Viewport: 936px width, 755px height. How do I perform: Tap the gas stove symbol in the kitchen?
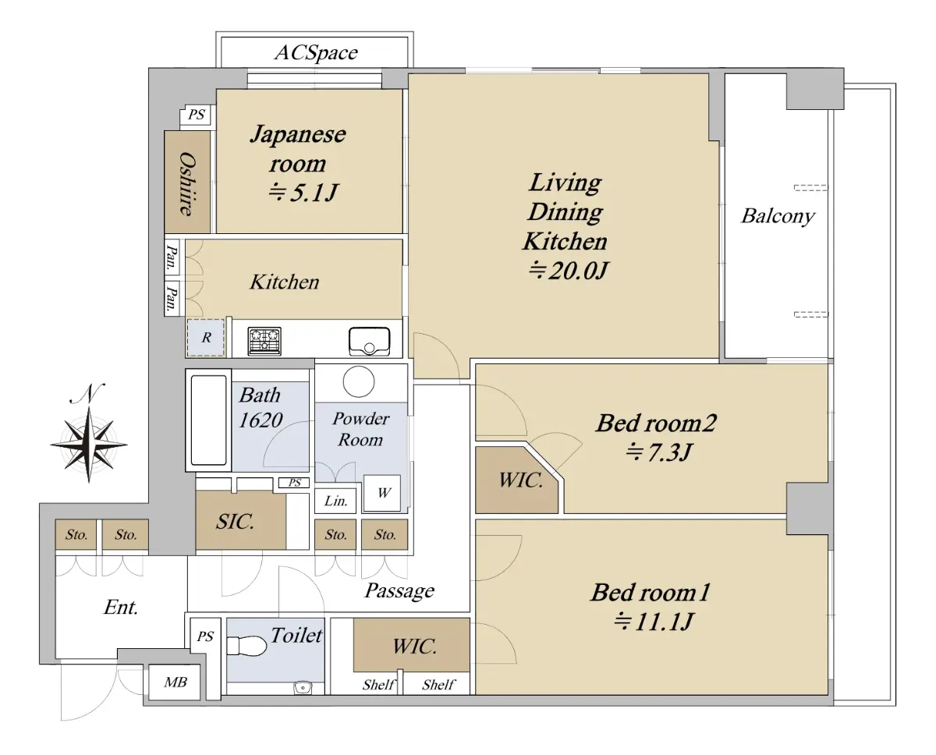pos(264,341)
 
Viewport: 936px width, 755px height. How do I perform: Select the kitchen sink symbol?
pos(369,342)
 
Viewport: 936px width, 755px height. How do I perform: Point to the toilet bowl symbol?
pos(246,645)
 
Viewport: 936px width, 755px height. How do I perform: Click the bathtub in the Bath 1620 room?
pos(209,420)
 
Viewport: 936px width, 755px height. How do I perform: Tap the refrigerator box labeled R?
pos(206,338)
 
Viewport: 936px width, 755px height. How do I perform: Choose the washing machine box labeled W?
pos(382,493)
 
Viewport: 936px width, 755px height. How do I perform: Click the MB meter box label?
pos(175,682)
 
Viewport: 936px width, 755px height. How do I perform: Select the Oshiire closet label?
pos(187,183)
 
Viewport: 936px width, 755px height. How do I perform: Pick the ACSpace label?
pos(316,53)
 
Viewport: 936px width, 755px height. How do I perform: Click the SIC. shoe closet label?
pos(235,522)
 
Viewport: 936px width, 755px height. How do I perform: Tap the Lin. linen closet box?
pos(335,501)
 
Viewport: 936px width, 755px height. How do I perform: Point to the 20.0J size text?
pos(568,271)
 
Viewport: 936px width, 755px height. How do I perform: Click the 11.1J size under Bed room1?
pos(653,621)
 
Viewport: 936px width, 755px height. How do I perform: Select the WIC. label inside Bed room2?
pos(520,480)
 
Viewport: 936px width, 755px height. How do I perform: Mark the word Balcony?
pos(778,216)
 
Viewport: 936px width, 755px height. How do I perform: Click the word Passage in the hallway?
pos(399,590)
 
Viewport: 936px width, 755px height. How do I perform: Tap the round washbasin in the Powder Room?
pos(359,381)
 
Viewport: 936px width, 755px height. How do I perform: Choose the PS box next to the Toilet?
pos(205,636)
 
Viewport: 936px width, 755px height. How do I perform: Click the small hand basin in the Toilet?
pos(303,688)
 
